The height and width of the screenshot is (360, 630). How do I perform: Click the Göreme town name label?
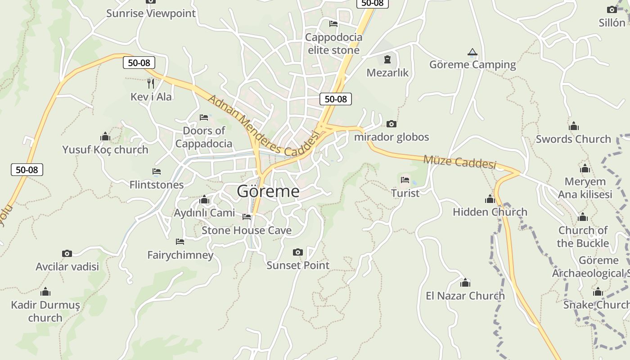coord(268,191)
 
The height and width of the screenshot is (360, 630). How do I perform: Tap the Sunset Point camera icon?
coord(297,252)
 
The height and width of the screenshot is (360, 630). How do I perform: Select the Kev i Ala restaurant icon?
coord(151,83)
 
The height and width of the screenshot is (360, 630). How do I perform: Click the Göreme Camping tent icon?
coord(472,53)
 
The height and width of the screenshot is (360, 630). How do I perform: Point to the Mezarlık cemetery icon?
coord(387,59)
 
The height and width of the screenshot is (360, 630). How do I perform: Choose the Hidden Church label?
coord(490,212)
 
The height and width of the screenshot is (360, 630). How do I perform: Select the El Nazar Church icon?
coord(465,283)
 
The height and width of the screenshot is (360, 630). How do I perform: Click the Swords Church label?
coord(573,139)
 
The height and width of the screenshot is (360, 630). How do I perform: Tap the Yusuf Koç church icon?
coord(105,137)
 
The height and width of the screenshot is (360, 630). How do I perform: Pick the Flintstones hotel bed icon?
coord(157,171)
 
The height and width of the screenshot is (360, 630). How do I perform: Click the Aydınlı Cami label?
coord(204,213)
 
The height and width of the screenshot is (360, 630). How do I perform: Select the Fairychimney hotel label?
coord(180,255)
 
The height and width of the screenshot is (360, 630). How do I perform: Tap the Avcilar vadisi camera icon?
coord(67,254)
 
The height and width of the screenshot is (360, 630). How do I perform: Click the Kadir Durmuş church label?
coord(45,311)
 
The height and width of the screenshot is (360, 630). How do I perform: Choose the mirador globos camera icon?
coord(391,124)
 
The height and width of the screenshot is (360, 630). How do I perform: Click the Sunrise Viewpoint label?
coord(151,13)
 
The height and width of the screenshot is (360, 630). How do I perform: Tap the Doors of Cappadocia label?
coord(204,137)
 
